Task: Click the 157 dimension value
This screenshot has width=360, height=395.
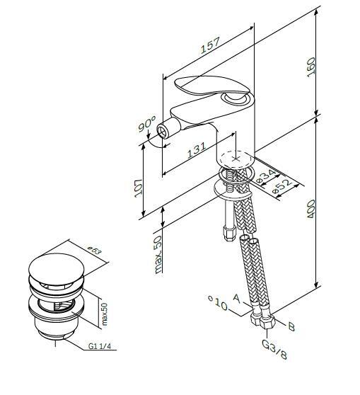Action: [x=210, y=45]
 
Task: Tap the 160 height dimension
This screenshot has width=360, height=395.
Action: [x=311, y=67]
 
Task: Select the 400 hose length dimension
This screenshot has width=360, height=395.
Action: [x=311, y=209]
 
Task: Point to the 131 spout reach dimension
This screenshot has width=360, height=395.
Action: [x=197, y=150]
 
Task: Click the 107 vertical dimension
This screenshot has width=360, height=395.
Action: [x=138, y=188]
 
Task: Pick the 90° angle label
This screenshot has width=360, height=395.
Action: [x=147, y=124]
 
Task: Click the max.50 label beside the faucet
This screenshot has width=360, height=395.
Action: [x=158, y=255]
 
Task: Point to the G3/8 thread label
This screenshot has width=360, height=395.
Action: [x=274, y=350]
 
